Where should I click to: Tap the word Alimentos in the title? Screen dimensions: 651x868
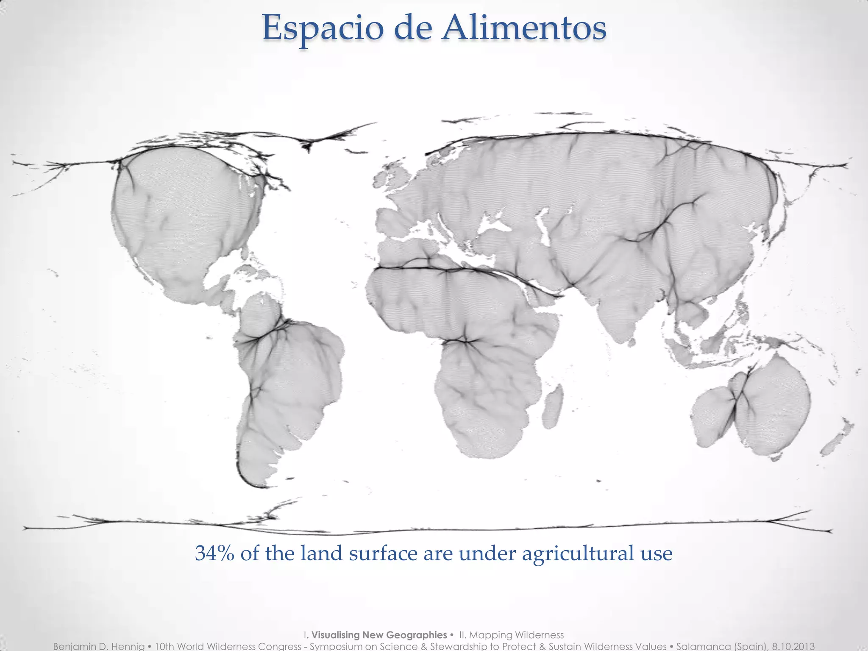click(523, 28)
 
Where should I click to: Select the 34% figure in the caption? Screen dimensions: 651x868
click(214, 554)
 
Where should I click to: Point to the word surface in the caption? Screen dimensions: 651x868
click(383, 554)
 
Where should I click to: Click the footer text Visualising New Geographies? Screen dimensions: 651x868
click(379, 635)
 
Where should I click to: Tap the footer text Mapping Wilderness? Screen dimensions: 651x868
click(517, 635)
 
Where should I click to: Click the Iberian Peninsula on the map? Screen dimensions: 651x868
click(392, 220)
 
